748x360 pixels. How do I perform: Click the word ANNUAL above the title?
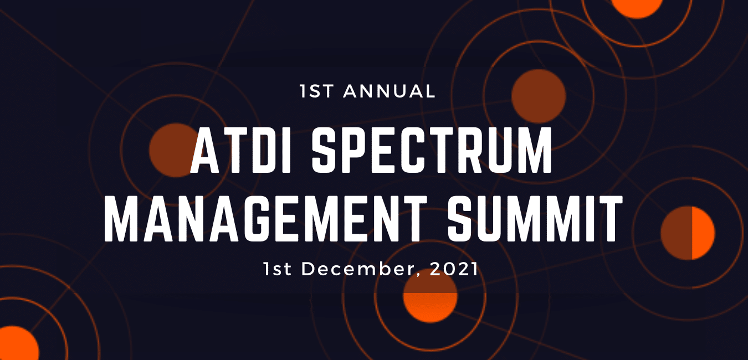[x=390, y=91]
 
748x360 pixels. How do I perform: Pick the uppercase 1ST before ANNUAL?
[x=317, y=91]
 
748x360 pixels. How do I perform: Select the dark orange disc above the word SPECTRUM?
[x=538, y=95]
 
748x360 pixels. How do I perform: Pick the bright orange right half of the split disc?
[x=703, y=233]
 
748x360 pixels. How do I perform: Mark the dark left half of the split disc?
[x=676, y=233]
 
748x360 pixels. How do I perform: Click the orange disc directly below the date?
[x=430, y=299]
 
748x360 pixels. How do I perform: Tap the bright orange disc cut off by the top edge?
[x=637, y=7]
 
